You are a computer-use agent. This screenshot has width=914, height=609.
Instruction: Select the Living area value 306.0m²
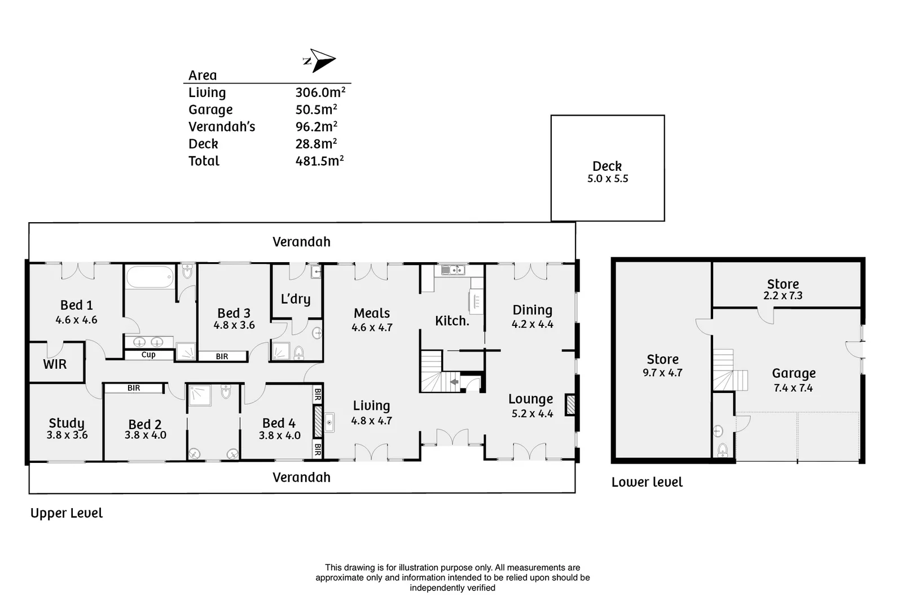coord(320,92)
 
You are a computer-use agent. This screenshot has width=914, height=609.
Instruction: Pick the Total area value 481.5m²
coord(319,161)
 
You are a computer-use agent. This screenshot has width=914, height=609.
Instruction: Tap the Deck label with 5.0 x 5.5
coord(607,171)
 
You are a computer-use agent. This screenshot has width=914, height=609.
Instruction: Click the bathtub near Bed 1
coord(150,277)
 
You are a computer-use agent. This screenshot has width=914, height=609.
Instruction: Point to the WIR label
coord(55,364)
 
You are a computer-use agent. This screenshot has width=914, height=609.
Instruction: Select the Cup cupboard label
coord(148,355)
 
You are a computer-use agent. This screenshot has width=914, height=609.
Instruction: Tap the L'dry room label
coord(296,299)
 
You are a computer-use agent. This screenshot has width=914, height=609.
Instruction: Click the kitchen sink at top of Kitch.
coord(452,270)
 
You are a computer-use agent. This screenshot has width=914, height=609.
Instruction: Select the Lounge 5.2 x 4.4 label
coord(531,405)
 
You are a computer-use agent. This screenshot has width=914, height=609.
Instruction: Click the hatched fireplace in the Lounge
coord(570,405)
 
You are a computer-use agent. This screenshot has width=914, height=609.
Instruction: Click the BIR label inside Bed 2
coord(134,388)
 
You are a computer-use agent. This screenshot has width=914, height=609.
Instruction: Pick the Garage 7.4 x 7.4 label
coord(793,379)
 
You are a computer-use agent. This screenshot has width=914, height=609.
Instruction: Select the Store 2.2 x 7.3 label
coord(783,289)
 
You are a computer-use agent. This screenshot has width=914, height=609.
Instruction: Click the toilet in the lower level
coord(723,450)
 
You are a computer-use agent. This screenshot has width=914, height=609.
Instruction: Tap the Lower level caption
coord(647,482)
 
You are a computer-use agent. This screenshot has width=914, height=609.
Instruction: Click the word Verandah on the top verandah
coord(301,242)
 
